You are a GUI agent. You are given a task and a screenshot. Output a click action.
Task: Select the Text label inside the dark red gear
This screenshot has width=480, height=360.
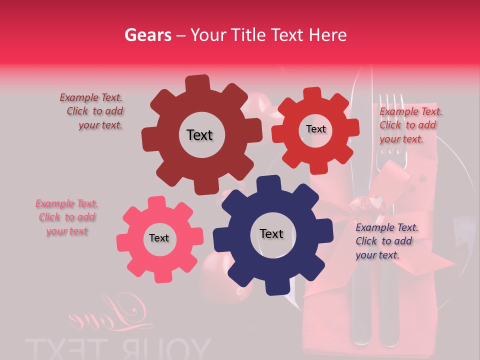point(199,135)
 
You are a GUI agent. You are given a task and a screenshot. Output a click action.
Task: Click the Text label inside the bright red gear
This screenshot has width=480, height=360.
point(315,129)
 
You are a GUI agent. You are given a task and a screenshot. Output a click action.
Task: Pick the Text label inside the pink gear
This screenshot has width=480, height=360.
point(159,238)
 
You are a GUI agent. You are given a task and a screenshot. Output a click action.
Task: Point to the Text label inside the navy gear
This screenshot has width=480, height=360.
point(271,233)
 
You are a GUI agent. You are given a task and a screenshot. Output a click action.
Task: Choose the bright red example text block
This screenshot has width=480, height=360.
point(410,125)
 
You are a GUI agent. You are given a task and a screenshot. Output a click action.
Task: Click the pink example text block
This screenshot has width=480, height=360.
point(66,217)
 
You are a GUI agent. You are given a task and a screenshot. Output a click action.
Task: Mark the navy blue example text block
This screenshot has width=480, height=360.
point(386,241)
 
